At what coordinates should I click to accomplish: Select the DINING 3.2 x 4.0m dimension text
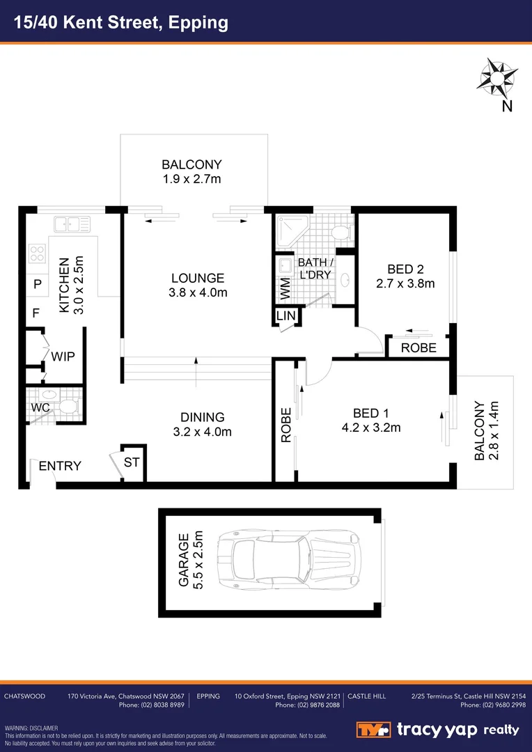pos(203,432)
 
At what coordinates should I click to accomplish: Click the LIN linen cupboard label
pos(286,316)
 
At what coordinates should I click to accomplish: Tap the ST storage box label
pos(132,462)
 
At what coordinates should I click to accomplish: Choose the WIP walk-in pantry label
pos(63,356)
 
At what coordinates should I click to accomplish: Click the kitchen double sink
pos(72,224)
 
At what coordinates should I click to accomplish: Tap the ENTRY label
pos(60,466)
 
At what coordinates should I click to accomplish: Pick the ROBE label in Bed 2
pos(418,347)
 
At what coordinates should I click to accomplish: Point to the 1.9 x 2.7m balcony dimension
pos(191,180)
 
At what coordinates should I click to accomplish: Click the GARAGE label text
pos(183,561)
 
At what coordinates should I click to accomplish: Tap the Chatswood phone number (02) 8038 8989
pos(151,705)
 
